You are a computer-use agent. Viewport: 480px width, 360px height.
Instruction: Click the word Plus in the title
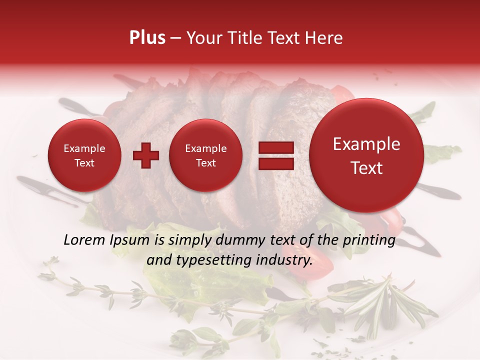147,38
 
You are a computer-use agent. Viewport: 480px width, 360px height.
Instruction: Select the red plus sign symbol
146,155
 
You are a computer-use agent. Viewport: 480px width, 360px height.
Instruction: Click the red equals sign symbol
275,155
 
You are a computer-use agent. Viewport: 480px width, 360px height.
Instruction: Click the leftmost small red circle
84,155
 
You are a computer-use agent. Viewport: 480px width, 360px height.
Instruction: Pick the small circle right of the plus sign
206,155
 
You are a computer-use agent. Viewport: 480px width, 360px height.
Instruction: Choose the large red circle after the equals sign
366,155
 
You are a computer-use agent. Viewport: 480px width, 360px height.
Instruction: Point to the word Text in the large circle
366,168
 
